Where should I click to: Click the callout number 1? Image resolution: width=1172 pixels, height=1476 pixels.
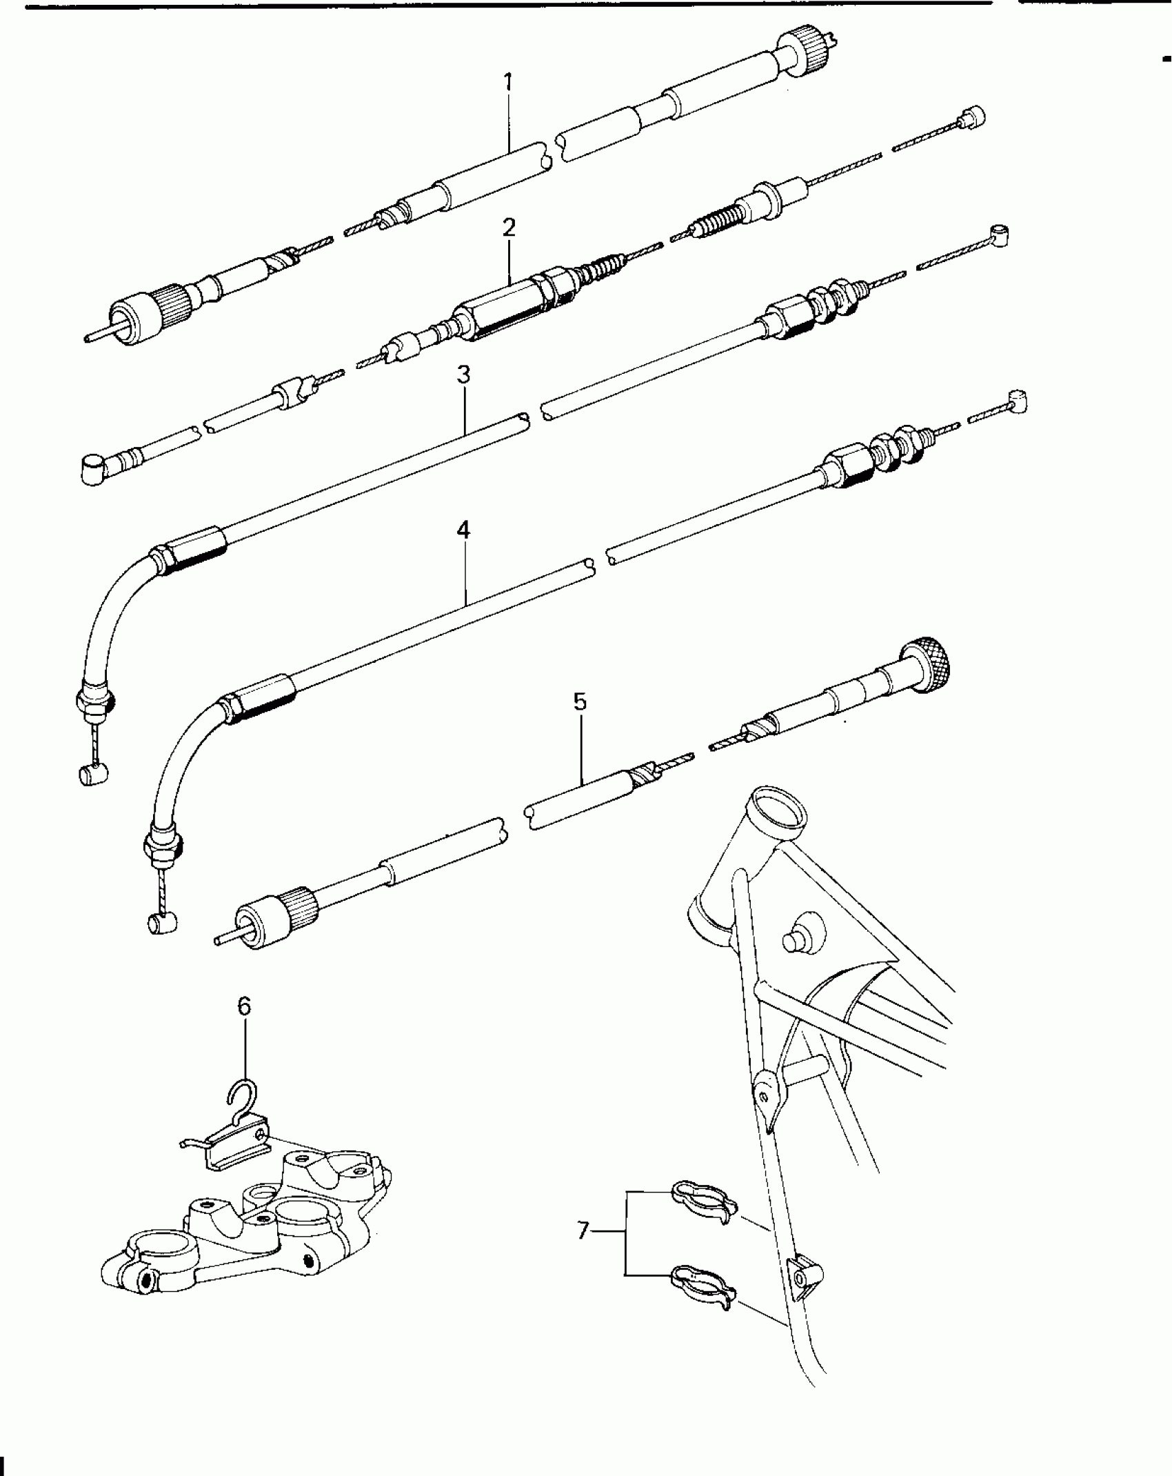pos(508,83)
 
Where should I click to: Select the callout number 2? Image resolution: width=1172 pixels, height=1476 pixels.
pos(509,228)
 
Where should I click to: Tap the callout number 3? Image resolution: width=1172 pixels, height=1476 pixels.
pos(463,376)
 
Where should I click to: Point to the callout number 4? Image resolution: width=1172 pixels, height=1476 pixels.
pos(463,530)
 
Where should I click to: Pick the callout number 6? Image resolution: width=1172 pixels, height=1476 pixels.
pos(244,1006)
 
